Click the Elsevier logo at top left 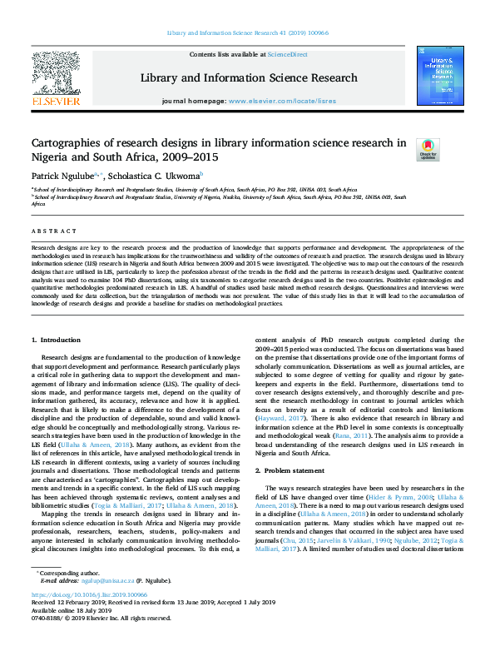(56, 79)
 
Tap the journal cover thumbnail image (440, 77)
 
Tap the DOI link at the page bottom (89, 619)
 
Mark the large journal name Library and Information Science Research (248, 78)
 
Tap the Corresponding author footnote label (69, 597)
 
